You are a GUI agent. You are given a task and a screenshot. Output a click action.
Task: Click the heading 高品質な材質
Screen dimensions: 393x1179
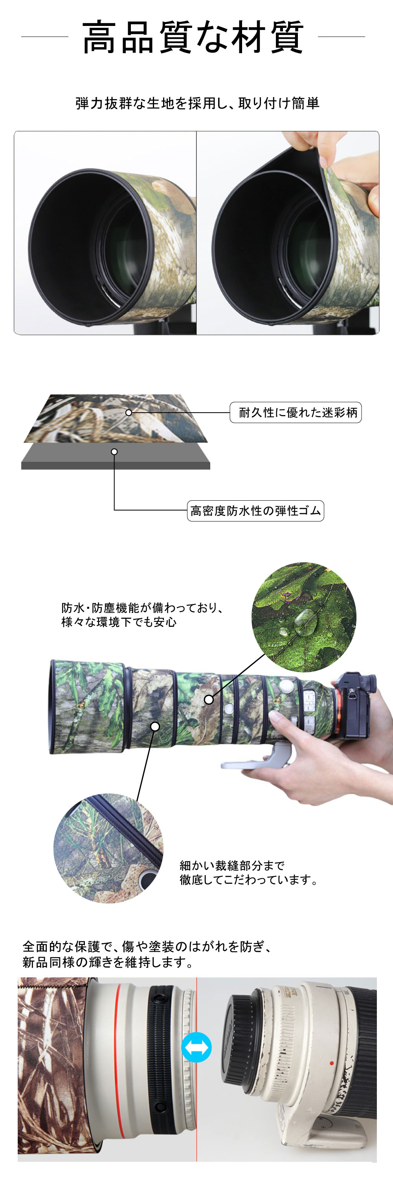[193, 37]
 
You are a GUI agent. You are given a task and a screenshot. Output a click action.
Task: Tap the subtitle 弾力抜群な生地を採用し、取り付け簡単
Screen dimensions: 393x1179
[197, 103]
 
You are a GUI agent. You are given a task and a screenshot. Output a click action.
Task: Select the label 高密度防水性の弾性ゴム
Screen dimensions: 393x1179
[255, 511]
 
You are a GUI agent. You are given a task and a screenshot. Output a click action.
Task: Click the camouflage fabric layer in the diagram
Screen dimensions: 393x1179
[115, 418]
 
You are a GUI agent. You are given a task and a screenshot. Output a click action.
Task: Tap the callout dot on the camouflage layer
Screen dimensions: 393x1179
[129, 412]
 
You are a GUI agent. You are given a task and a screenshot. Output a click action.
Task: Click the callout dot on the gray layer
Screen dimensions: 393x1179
[114, 452]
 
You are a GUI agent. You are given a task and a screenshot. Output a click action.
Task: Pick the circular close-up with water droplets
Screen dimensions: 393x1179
[304, 617]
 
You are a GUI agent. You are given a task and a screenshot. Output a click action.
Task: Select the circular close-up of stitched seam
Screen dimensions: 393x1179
[108, 848]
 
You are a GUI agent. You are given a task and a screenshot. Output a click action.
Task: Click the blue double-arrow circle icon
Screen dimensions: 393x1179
[196, 1047]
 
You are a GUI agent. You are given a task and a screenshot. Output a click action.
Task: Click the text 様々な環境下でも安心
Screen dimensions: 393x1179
[119, 622]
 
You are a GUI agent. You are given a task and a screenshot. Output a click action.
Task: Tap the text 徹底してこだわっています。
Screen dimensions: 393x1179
[248, 880]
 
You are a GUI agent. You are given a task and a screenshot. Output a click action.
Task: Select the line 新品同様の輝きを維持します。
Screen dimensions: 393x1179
[108, 962]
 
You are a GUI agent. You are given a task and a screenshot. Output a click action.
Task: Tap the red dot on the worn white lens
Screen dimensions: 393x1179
[332, 1063]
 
